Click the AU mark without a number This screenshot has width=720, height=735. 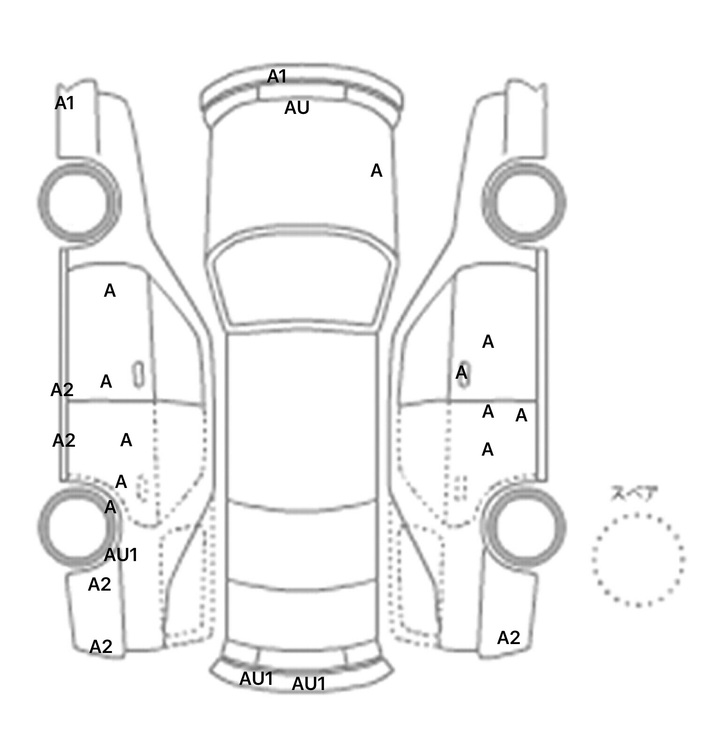297,108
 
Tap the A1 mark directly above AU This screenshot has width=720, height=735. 277,76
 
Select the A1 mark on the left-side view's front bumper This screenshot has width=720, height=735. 65,103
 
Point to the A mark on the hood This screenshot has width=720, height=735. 376,171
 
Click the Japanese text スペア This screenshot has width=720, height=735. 634,494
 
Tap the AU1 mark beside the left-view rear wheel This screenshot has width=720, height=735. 121,555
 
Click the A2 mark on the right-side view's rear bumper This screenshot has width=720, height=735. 509,638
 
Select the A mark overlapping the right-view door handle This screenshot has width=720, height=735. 461,373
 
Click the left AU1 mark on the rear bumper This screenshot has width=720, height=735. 256,678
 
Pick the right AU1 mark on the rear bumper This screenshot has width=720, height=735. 309,684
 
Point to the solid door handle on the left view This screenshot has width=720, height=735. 138,375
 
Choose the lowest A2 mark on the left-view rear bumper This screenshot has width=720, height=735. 101,647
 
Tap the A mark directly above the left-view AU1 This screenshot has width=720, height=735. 110,507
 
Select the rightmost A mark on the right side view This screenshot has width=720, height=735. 521,415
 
